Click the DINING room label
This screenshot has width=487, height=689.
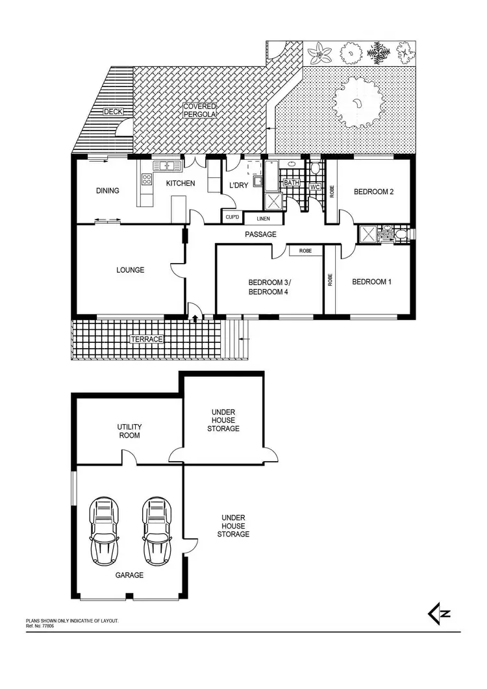point(108,191)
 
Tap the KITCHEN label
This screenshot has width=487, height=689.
point(180,184)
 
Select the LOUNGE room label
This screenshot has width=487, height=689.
point(131,270)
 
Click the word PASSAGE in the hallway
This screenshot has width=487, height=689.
point(261,234)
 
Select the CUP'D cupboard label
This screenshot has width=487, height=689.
point(231,217)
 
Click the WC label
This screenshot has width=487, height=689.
point(315,187)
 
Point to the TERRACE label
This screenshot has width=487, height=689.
point(146,340)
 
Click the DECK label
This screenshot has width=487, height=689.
point(113,112)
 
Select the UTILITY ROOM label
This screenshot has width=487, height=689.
point(129,431)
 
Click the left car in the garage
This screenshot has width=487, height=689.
point(104,531)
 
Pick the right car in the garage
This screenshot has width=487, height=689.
point(156,531)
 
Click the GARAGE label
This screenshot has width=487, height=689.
point(130,575)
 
